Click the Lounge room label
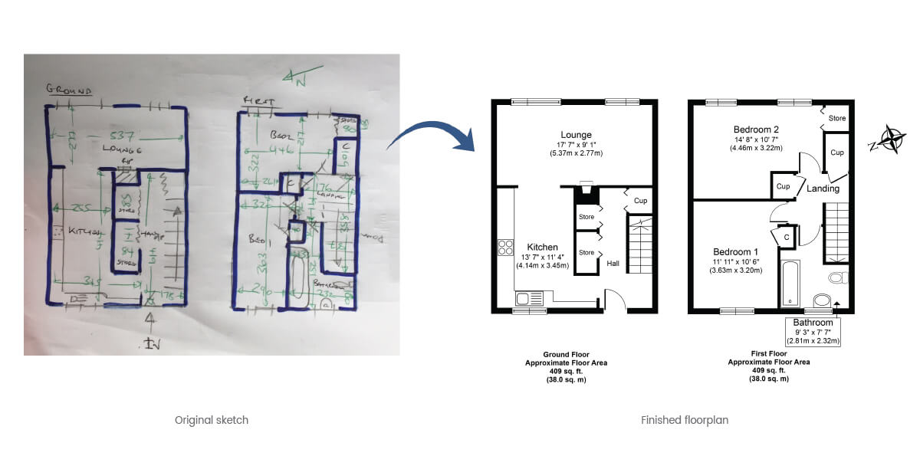[575, 135]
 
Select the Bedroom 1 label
[735, 252]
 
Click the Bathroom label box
[813, 332]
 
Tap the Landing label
[823, 189]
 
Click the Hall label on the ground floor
[613, 263]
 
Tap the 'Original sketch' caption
[212, 420]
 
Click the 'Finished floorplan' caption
[685, 420]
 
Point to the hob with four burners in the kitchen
[506, 247]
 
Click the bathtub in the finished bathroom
[790, 282]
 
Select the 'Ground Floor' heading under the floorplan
[565, 355]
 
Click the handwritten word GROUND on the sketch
[69, 89]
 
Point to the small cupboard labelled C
[787, 238]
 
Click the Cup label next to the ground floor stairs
[640, 201]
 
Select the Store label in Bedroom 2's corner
[837, 118]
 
